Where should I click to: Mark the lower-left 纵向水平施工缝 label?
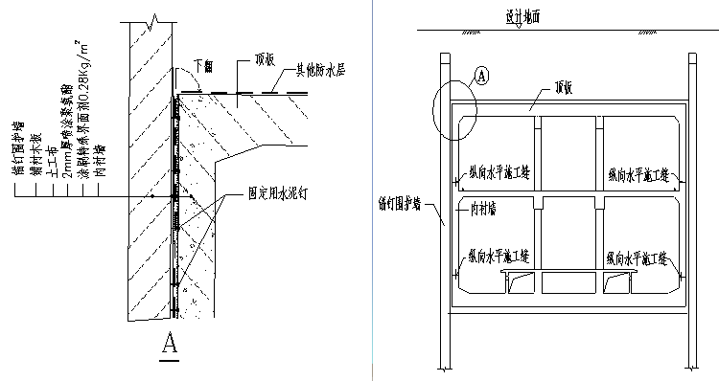(x=500, y=257)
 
